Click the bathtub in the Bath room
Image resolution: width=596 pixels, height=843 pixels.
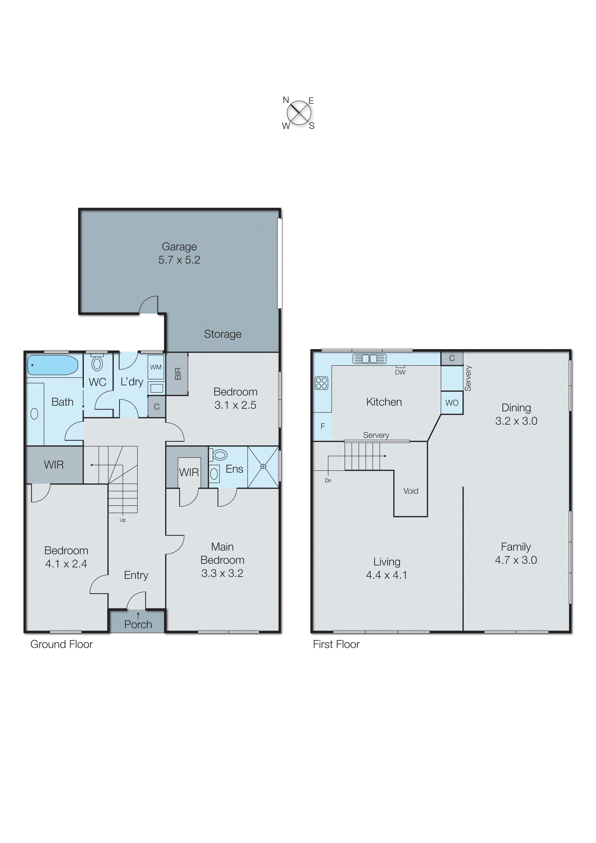tap(53, 365)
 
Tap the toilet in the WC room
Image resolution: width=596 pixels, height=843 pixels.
tap(97, 364)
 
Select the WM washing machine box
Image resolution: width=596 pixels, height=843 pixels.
tap(156, 367)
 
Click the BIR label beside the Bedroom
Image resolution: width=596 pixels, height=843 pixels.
tap(178, 373)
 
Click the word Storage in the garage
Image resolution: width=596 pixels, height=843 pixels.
tap(223, 334)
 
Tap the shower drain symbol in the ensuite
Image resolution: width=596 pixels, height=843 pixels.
tap(263, 466)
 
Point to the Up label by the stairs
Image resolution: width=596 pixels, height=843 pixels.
tap(123, 520)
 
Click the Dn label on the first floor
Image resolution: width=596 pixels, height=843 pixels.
tap(328, 480)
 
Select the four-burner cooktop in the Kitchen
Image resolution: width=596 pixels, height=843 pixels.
tap(321, 383)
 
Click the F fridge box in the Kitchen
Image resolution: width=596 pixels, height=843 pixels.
tap(323, 426)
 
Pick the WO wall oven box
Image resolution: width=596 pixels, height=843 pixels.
tap(452, 403)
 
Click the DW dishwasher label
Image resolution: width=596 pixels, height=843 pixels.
tap(400, 372)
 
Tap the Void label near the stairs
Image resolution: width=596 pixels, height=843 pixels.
tap(410, 491)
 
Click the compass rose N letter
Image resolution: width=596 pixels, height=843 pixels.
tap(286, 100)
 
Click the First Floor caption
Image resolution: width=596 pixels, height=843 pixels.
tap(336, 644)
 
